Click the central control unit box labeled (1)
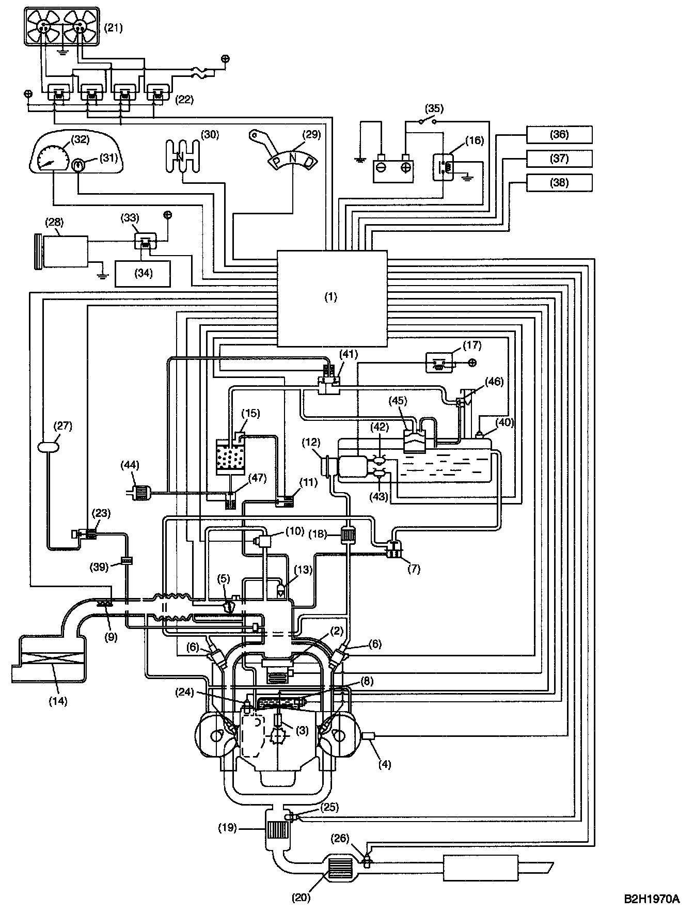coord(332,298)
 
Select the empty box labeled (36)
coord(559,135)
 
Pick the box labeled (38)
coord(559,183)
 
